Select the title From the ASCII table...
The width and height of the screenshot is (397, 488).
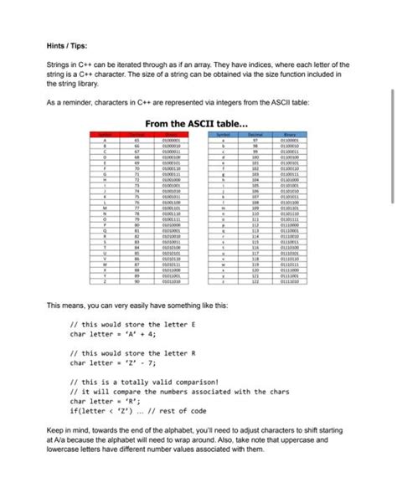[x=197, y=123]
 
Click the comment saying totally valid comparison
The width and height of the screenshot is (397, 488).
[x=143, y=381]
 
